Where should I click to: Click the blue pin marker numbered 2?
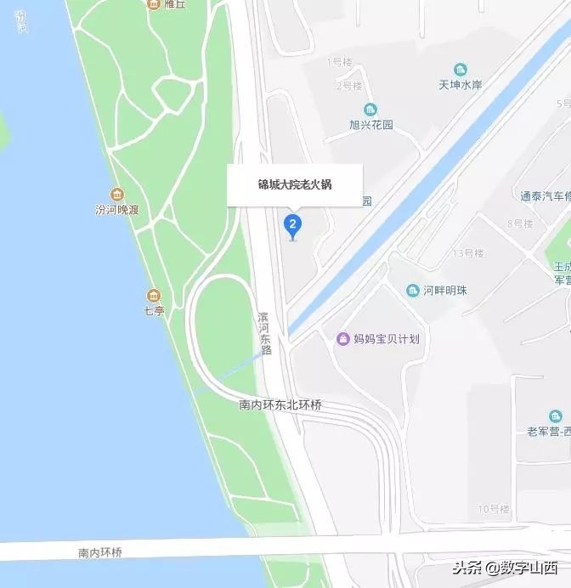(x=292, y=225)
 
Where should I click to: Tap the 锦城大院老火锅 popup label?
(x=295, y=184)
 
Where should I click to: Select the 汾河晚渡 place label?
(x=116, y=208)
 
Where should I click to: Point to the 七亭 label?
(x=154, y=311)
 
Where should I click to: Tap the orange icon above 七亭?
(x=153, y=296)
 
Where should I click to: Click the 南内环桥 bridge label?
(x=100, y=552)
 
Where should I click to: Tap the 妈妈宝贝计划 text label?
(x=385, y=339)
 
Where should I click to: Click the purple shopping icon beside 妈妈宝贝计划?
(x=342, y=339)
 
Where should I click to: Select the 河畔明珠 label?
(x=445, y=291)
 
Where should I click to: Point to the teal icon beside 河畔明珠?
(x=413, y=291)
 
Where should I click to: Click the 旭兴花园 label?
(x=371, y=124)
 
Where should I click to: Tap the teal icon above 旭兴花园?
(x=370, y=110)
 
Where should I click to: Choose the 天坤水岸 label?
(x=460, y=84)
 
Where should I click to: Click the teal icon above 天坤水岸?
(x=460, y=69)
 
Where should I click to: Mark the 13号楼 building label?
(x=467, y=253)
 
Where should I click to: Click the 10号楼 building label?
(x=493, y=509)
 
